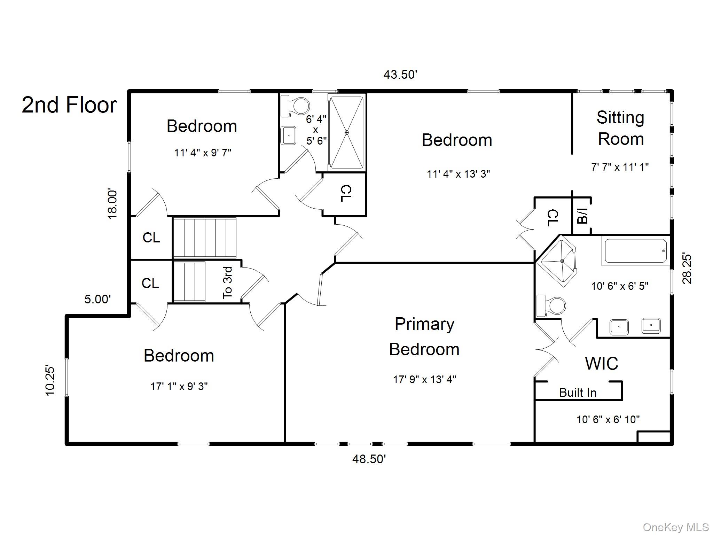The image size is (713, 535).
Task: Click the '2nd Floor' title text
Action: point(69,105)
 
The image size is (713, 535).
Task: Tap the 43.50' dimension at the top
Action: point(400,75)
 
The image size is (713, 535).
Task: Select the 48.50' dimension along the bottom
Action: point(369,459)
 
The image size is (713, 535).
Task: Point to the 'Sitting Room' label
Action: point(620,128)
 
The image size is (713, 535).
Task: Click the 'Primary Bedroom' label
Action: point(424,336)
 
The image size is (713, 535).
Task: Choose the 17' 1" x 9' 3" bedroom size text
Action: point(179,386)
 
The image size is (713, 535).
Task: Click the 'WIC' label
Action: point(602,364)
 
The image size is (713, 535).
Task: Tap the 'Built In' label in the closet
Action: point(578,393)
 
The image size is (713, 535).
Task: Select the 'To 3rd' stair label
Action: point(227,282)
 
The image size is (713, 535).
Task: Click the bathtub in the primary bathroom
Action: point(635,251)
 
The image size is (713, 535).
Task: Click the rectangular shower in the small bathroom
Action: point(346,133)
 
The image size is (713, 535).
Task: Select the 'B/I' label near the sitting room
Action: point(582,216)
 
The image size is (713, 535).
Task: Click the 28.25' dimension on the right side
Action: point(687,269)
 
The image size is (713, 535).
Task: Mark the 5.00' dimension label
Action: point(97,299)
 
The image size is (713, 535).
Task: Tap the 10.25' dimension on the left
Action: point(50,381)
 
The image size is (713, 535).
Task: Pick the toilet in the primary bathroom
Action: point(551,306)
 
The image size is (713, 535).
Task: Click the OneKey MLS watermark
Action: point(675,527)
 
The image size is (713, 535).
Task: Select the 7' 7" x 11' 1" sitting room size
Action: point(620,167)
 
